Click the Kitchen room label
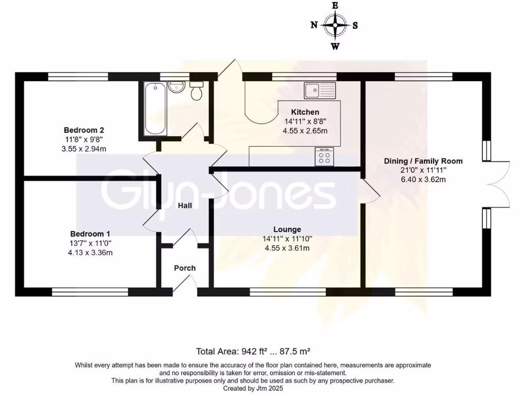[x=305, y=112]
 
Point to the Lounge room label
[x=287, y=229]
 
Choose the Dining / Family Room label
[x=423, y=161]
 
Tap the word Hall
[x=185, y=206]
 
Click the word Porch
[x=185, y=268]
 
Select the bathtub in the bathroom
[x=154, y=109]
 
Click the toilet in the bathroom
[x=196, y=91]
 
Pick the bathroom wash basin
[x=176, y=86]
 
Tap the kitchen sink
[x=319, y=91]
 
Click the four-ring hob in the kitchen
[x=324, y=157]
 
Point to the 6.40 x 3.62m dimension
[x=423, y=180]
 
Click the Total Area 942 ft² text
[x=253, y=352]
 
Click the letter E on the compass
[x=335, y=5]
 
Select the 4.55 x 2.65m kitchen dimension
[x=305, y=131]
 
